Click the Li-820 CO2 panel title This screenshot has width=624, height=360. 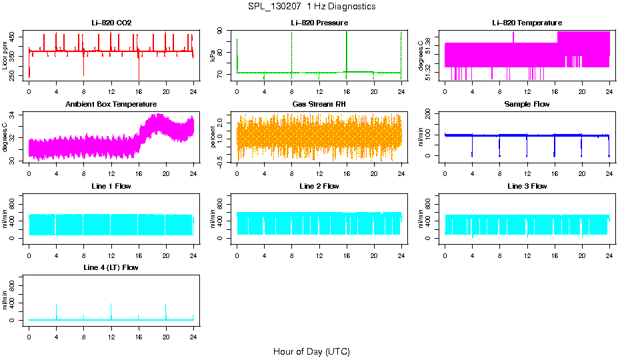111,23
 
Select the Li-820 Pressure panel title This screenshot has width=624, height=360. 319,23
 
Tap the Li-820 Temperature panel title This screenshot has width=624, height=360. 527,23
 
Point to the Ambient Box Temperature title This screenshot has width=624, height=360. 111,105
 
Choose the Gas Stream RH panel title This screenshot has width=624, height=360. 319,105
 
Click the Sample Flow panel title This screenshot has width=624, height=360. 527,105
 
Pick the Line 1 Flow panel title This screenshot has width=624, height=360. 111,187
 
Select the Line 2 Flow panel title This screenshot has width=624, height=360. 319,187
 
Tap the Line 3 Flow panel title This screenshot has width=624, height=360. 527,187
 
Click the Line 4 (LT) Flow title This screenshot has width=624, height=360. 111,268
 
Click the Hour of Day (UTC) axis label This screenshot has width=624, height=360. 311,351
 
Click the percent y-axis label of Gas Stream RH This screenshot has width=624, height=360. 213,139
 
